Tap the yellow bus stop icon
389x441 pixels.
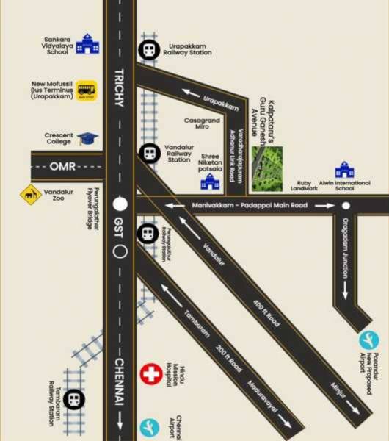[x=87, y=90]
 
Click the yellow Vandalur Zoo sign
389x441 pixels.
[x=30, y=195]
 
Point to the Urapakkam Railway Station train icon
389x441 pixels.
[x=148, y=51]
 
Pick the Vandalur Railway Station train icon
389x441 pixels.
[x=148, y=153]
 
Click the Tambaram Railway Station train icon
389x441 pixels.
[x=73, y=401]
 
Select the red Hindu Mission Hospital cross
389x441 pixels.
[x=151, y=373]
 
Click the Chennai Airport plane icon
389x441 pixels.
[x=150, y=427]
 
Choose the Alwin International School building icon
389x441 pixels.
[x=344, y=171]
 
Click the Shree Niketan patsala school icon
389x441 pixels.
[x=211, y=180]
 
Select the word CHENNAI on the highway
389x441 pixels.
[x=120, y=382]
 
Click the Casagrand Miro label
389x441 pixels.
[x=197, y=124]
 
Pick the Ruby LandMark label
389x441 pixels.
[x=304, y=186]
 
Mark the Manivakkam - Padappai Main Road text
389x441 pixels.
[x=250, y=206]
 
